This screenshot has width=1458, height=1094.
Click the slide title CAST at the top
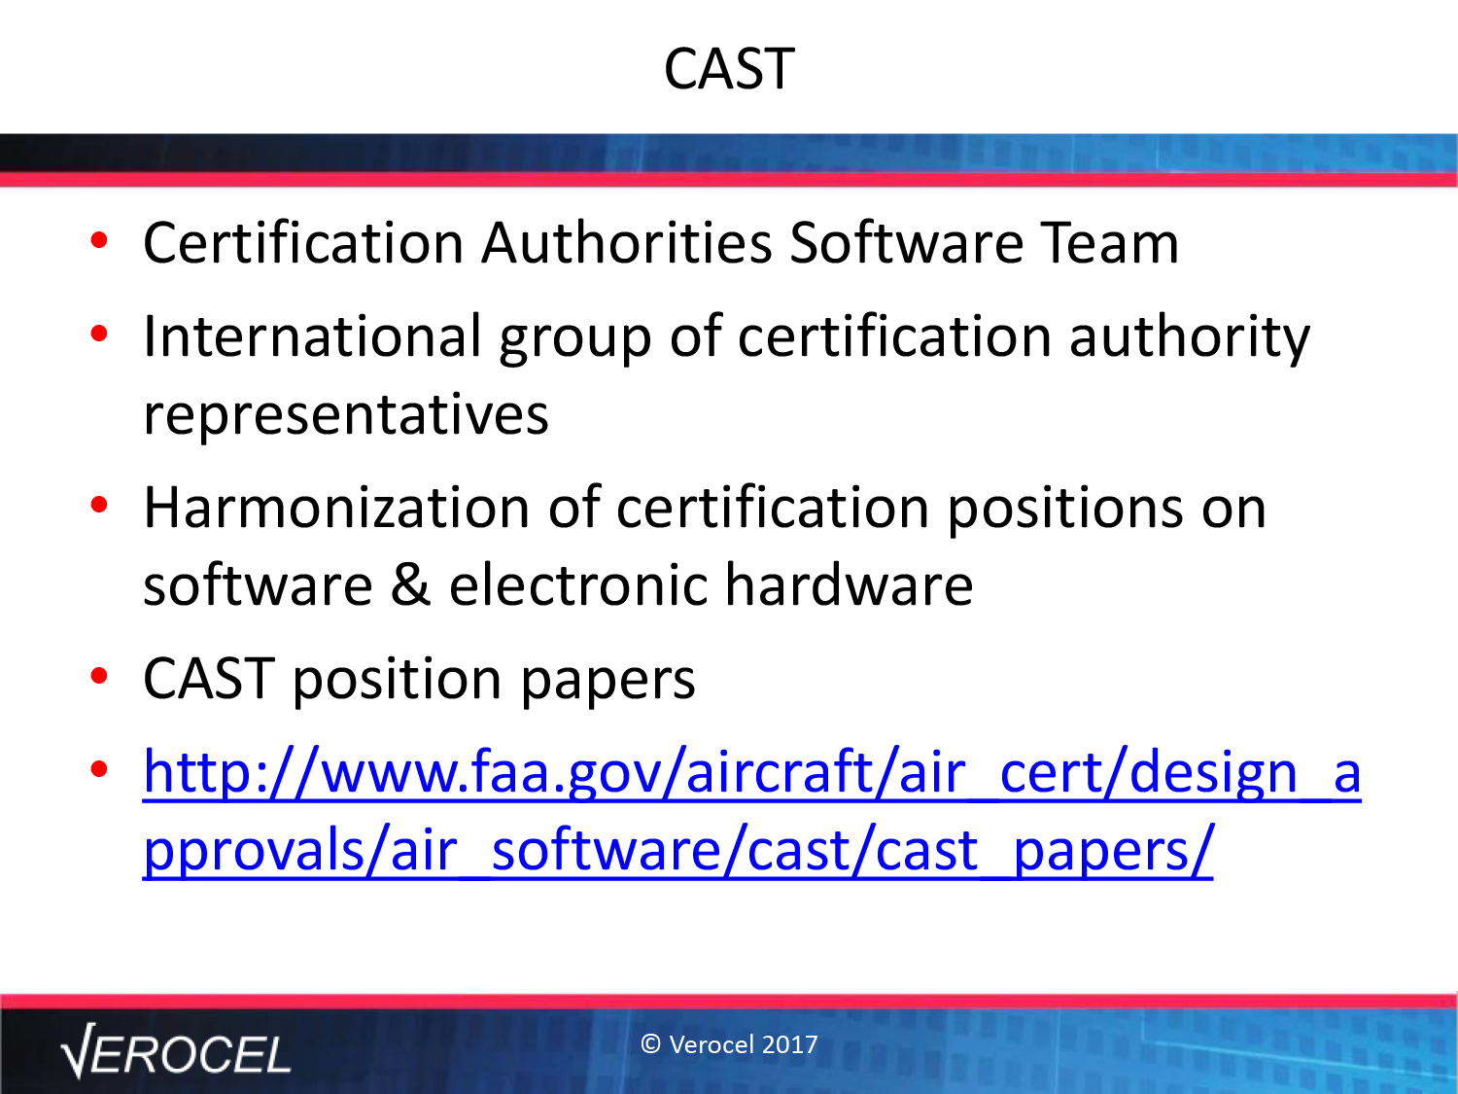coord(729,68)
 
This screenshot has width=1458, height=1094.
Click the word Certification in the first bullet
coord(303,242)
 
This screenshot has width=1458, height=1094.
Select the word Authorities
coord(626,242)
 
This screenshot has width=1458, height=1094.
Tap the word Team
coord(1109,242)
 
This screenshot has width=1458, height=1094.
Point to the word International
coord(312,336)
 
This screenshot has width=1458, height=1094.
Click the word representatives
coord(346,414)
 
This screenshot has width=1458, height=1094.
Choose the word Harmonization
coord(336,509)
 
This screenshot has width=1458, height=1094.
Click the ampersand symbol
coord(410,585)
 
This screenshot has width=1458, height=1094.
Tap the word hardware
coord(849,585)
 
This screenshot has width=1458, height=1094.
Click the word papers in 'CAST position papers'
coord(607,681)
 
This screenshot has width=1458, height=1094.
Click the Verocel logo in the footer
coord(175,1051)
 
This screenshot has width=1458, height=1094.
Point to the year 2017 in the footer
coord(790,1044)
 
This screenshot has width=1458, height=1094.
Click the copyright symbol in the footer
coord(650,1044)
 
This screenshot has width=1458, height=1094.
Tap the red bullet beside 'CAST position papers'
coord(99,676)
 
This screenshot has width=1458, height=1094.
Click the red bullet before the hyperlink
coord(99,770)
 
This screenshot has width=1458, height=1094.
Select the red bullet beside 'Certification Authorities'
coord(99,240)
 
